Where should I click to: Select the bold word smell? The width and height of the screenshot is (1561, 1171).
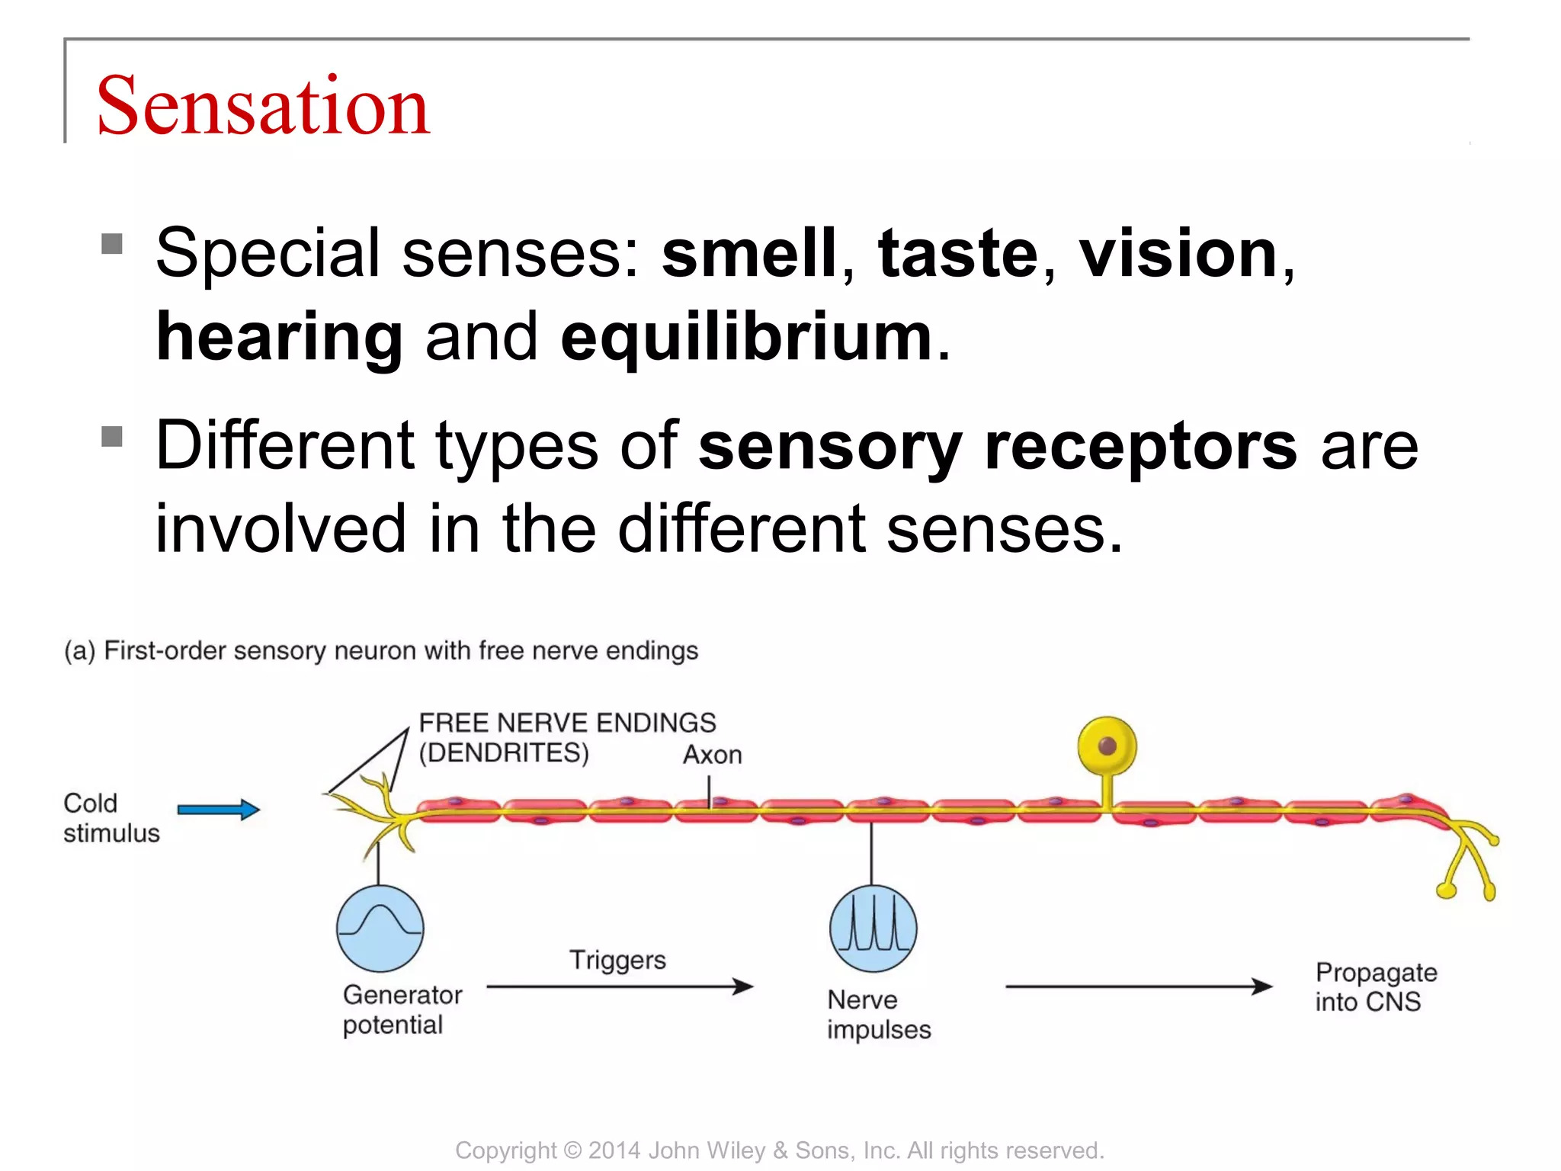pyautogui.click(x=749, y=253)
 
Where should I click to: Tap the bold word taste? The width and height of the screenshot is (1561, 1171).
pyautogui.click(x=957, y=253)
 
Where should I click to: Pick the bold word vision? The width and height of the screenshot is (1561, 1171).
pyautogui.click(x=1178, y=253)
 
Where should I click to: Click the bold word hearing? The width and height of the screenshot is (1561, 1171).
pyautogui.click(x=279, y=337)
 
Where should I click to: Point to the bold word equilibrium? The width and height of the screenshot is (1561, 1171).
pyautogui.click(x=746, y=337)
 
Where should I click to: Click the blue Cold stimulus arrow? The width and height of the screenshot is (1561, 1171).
pyautogui.click(x=219, y=810)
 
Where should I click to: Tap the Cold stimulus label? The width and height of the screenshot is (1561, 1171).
pyautogui.click(x=111, y=818)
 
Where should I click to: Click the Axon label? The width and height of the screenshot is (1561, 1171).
pyautogui.click(x=712, y=755)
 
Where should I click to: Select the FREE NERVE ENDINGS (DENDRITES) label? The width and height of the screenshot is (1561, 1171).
pyautogui.click(x=567, y=737)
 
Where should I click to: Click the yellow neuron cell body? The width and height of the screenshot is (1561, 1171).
pyautogui.click(x=1107, y=746)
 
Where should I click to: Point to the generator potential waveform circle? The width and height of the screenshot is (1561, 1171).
pyautogui.click(x=380, y=929)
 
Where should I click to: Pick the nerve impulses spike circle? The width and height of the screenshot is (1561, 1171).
pyautogui.click(x=873, y=929)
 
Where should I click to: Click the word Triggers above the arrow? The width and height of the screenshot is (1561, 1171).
pyautogui.click(x=617, y=960)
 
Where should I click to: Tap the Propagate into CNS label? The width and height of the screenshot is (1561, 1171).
pyautogui.click(x=1375, y=987)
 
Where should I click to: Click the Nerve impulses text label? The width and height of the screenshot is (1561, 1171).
pyautogui.click(x=878, y=1015)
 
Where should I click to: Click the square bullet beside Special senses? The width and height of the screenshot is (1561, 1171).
pyautogui.click(x=112, y=244)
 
